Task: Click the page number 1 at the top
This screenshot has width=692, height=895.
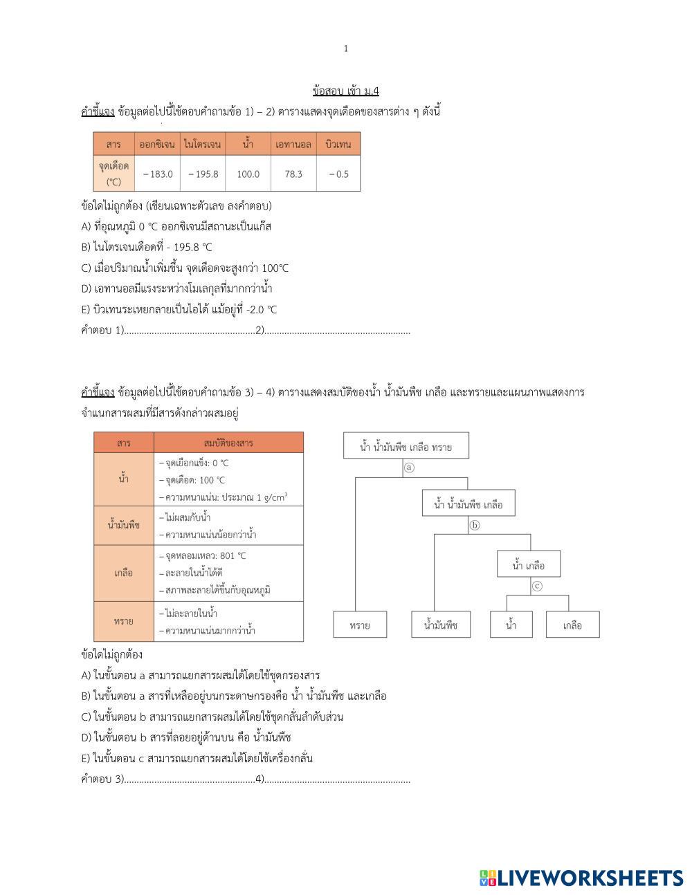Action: [x=346, y=48]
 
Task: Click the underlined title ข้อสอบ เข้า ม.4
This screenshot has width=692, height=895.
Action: [x=345, y=91]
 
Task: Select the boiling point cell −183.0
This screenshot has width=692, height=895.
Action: [x=158, y=174]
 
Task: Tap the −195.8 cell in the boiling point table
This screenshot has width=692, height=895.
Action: [x=203, y=174]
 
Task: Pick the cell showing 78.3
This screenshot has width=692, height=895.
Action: [x=293, y=174]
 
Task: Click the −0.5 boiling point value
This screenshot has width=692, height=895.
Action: [x=338, y=174]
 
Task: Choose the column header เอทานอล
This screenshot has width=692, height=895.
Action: [x=293, y=145]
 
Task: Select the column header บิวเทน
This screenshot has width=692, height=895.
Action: [x=338, y=145]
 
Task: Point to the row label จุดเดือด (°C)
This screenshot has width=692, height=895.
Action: [x=113, y=174]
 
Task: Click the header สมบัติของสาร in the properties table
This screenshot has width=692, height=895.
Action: [x=228, y=443]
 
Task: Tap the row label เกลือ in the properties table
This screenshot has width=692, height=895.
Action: [x=124, y=573]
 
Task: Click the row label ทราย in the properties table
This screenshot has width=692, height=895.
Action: [x=124, y=621]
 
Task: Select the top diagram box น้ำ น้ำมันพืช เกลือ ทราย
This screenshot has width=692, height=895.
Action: [x=406, y=447]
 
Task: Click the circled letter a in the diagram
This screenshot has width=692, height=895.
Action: [x=409, y=468]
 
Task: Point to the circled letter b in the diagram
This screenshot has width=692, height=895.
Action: [x=475, y=525]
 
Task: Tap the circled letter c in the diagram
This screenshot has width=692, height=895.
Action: [x=537, y=586]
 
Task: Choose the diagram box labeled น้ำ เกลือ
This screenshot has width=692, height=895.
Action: [x=529, y=565]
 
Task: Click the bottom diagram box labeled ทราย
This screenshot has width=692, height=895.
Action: [x=360, y=625]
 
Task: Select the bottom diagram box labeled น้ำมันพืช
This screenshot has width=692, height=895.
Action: [x=441, y=625]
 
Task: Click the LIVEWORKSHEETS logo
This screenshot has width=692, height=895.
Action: [x=581, y=878]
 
